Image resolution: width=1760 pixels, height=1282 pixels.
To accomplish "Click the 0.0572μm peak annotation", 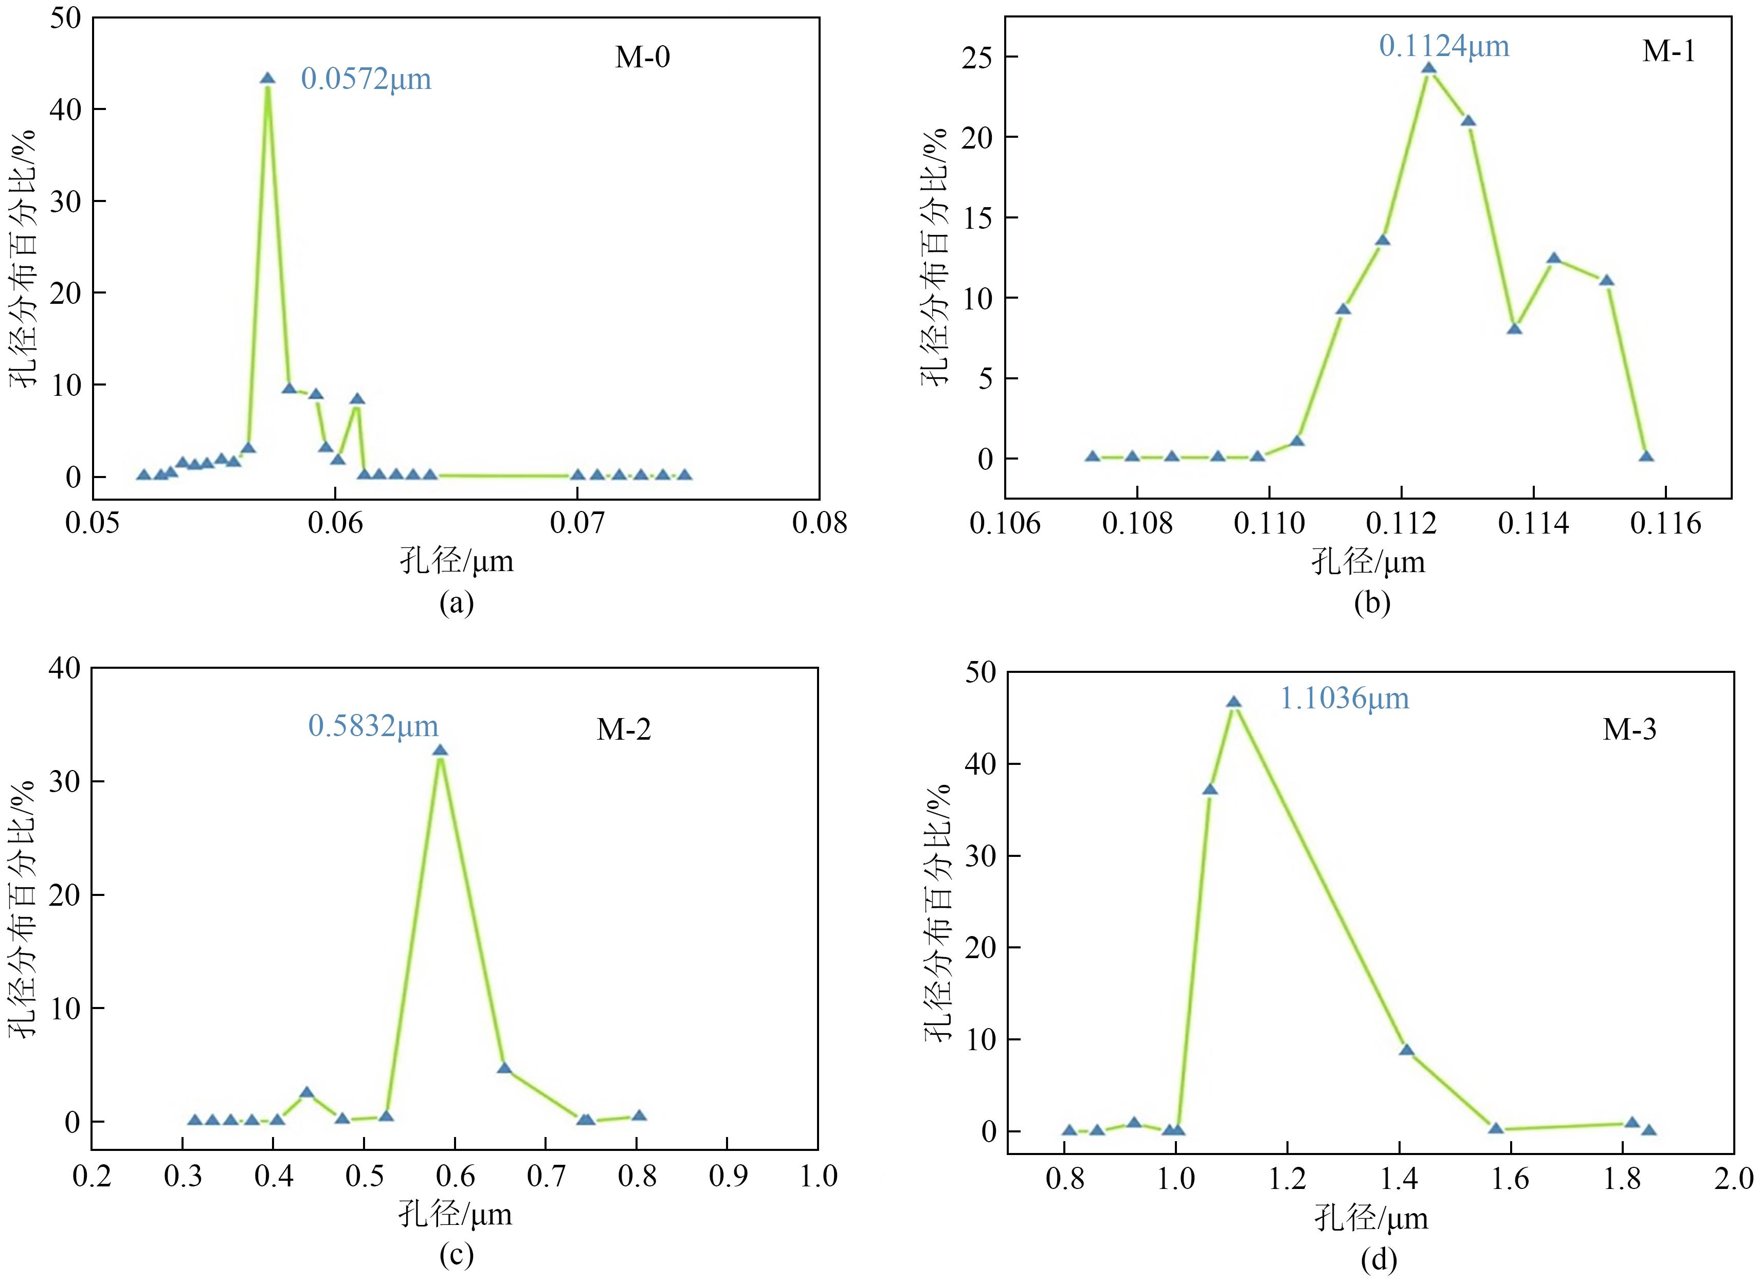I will click(366, 79).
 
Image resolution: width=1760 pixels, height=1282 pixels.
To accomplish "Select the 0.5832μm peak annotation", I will click(373, 726).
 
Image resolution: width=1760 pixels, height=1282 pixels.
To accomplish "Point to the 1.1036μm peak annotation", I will click(1344, 699).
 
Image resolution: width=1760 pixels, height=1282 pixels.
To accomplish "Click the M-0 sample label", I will click(643, 58).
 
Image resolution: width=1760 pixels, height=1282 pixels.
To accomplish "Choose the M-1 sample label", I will click(1668, 51).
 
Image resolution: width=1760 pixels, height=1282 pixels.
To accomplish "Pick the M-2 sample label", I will click(623, 729).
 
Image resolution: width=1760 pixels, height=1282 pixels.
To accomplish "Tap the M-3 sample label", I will click(1629, 729).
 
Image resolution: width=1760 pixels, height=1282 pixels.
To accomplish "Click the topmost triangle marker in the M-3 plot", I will click(1234, 702).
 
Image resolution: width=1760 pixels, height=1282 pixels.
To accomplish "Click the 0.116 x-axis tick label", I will click(1665, 524).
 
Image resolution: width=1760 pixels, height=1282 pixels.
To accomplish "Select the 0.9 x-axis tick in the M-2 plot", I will click(728, 1177).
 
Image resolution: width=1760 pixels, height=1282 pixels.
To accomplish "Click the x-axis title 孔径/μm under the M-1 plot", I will click(1368, 561).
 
